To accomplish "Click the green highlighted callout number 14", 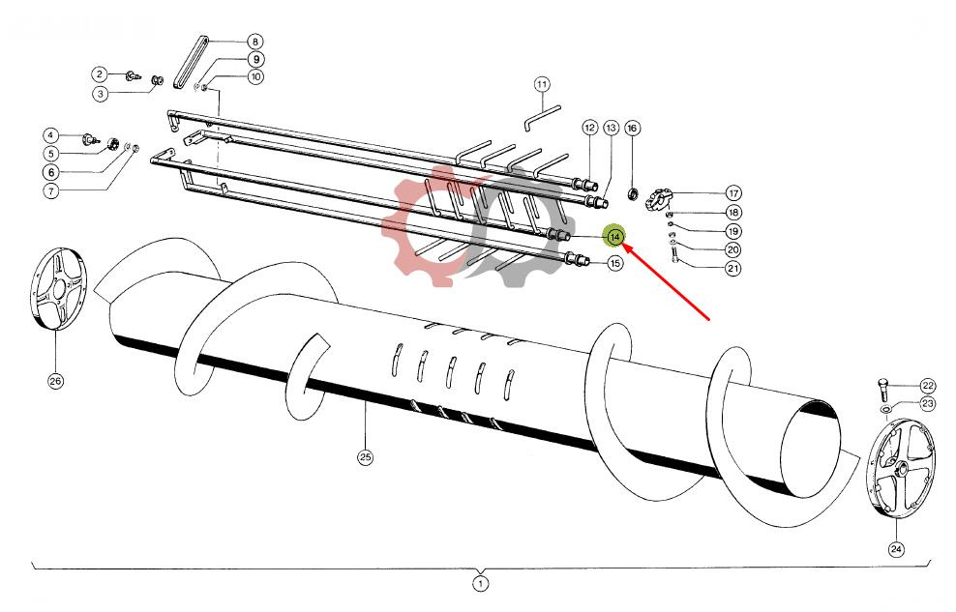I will [614, 236].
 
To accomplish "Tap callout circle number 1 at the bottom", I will [480, 583].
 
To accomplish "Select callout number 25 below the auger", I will [365, 457].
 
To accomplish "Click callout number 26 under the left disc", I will [55, 381].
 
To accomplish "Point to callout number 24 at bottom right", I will [896, 549].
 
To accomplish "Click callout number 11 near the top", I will [541, 84].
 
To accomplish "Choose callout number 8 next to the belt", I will [254, 42].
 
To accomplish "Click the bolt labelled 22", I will [882, 393].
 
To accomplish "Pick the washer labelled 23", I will [885, 410].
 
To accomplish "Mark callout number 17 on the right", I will [732, 193].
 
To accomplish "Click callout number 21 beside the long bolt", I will [732, 269].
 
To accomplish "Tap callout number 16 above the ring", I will [632, 128].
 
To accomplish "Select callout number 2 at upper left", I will [99, 74].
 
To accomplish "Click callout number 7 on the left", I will [50, 190].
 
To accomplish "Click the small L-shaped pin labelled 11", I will [535, 121].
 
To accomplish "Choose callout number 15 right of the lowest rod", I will [614, 263].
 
